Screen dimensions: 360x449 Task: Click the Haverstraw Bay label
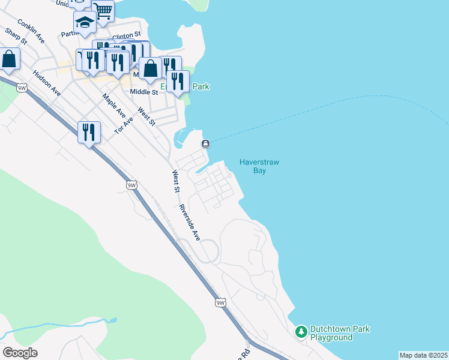pos(259,166)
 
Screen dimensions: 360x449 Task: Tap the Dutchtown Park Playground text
pos(339,333)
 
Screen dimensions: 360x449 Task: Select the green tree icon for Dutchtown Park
pos(301,331)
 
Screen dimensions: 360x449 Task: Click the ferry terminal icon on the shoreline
pos(205,143)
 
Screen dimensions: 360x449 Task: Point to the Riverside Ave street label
pos(189,223)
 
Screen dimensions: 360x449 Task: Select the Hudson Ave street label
pos(47,83)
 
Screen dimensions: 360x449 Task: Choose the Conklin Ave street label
pos(31,31)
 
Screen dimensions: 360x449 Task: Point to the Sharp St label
pos(16,37)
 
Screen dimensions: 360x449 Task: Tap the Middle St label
pos(144,92)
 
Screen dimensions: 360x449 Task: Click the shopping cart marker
pos(103,10)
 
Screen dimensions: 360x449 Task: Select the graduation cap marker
pos(85,23)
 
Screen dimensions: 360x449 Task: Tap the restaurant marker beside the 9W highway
pos(89,132)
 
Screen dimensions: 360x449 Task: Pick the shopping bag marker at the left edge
pos(8,59)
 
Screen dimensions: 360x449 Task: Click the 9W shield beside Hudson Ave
pos(22,88)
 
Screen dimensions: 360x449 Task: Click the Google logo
pos(20,353)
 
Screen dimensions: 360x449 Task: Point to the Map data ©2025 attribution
pos(424,355)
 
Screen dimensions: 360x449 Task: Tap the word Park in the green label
pos(200,87)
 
